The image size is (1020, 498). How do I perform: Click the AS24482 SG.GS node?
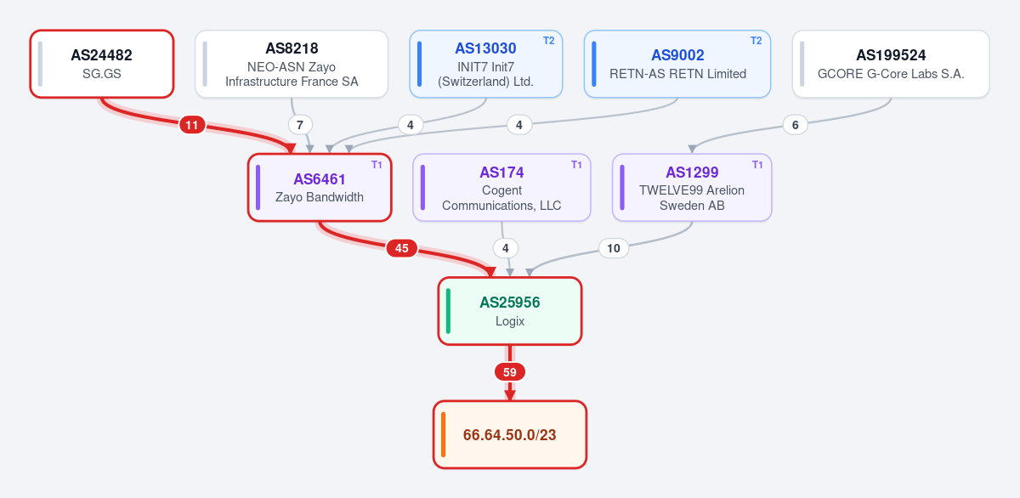[x=102, y=64]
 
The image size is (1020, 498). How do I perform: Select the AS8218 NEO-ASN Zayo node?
[x=292, y=64]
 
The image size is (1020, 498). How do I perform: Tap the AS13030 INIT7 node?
[x=486, y=64]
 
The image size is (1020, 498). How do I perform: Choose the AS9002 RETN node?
[x=677, y=64]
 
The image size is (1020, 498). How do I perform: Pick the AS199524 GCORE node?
[x=891, y=64]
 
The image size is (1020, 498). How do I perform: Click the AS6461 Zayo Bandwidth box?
[x=320, y=188]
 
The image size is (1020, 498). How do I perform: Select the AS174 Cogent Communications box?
[x=501, y=188]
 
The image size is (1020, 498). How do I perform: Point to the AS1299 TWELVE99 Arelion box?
[x=692, y=188]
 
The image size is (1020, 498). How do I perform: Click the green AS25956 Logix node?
[x=510, y=311]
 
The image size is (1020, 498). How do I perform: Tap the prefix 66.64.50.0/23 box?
[x=510, y=435]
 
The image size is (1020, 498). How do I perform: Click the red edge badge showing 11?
[x=192, y=125]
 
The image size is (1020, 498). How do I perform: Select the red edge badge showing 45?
[x=401, y=248]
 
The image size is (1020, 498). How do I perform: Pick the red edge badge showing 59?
[x=510, y=372]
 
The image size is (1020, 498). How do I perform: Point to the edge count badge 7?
[x=300, y=125]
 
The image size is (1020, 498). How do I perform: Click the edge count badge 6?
[x=795, y=125]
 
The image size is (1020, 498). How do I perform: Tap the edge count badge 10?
[x=614, y=248]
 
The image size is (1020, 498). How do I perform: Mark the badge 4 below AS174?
[x=506, y=248]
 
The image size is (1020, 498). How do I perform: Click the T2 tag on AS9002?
[x=756, y=41]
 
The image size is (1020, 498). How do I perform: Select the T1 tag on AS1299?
[x=757, y=164]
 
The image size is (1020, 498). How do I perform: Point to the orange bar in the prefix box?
[x=444, y=435]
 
